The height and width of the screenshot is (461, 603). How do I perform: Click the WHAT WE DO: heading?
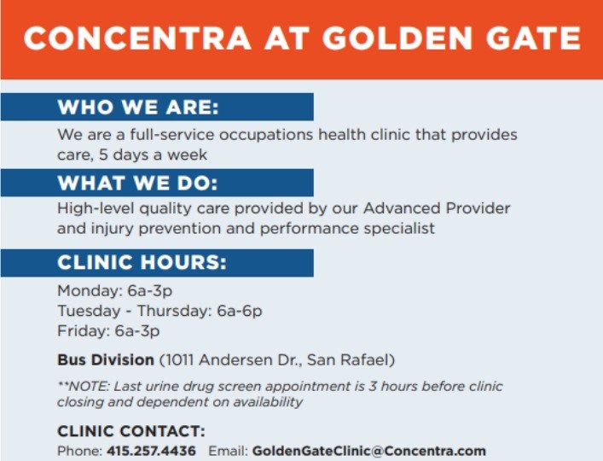137,184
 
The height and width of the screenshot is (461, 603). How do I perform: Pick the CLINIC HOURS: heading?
142,263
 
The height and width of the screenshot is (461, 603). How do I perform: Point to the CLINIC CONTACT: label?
130,432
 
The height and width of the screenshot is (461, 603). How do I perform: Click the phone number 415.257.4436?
151,451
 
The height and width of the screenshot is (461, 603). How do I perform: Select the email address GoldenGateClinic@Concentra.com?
368,451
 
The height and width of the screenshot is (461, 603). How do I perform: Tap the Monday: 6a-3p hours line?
114,290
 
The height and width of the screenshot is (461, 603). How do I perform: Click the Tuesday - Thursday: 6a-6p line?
159,311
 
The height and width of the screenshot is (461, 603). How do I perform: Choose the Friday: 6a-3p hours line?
108,331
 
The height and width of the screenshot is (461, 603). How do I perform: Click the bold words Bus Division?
106,359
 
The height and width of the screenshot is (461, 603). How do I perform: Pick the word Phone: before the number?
79,451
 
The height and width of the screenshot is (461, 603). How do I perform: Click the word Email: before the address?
228,451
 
